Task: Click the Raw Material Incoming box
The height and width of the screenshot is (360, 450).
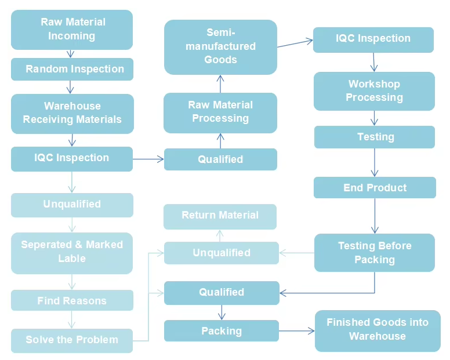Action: click(72, 29)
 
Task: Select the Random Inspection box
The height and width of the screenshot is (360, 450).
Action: click(72, 69)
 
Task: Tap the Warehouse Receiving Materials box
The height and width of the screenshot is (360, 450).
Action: click(72, 113)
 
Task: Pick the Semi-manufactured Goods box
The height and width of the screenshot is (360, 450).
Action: click(220, 46)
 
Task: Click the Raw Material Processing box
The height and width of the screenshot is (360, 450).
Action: click(220, 111)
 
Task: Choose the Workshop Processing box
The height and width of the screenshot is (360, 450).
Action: click(374, 91)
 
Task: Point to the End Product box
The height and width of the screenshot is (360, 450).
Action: click(375, 188)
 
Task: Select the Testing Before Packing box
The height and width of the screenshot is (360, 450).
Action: click(374, 253)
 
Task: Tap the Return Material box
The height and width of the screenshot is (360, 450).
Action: click(220, 216)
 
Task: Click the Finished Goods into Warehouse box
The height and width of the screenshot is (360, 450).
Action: click(378, 330)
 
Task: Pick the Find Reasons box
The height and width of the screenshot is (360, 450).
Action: click(72, 301)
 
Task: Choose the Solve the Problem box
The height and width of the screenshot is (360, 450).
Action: click(72, 340)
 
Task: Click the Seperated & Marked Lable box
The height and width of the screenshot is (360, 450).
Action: click(72, 252)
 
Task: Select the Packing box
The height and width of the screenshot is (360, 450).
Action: click(221, 331)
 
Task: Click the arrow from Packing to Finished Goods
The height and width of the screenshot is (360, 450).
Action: click(296, 331)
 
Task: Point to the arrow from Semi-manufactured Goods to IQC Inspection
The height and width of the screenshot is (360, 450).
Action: click(295, 43)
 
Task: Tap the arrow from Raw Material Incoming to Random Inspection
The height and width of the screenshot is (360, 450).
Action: click(71, 53)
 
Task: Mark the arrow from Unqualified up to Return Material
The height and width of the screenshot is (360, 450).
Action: click(220, 235)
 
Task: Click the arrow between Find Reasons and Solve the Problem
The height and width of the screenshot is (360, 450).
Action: click(72, 319)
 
